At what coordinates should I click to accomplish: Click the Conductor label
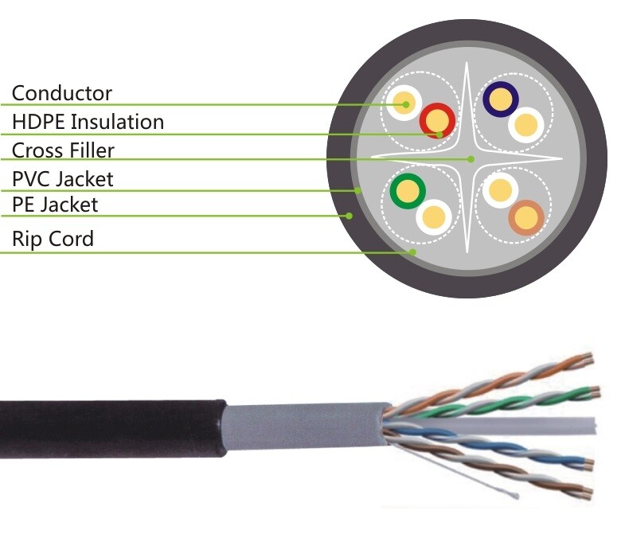[61, 94]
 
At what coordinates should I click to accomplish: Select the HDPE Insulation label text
[88, 123]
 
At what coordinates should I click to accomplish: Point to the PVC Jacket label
[62, 179]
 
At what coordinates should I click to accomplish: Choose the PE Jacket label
[55, 205]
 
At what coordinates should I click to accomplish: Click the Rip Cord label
[53, 239]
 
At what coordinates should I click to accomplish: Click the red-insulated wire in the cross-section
[437, 121]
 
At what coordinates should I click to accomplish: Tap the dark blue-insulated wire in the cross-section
[501, 99]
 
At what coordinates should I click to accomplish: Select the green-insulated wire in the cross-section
[408, 191]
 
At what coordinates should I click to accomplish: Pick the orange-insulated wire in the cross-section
[526, 216]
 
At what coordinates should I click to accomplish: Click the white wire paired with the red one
[404, 103]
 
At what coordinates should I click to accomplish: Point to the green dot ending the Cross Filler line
[471, 159]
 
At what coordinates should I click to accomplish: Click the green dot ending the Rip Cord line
[413, 252]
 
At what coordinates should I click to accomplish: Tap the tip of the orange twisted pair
[588, 359]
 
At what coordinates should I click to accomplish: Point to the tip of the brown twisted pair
[588, 489]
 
